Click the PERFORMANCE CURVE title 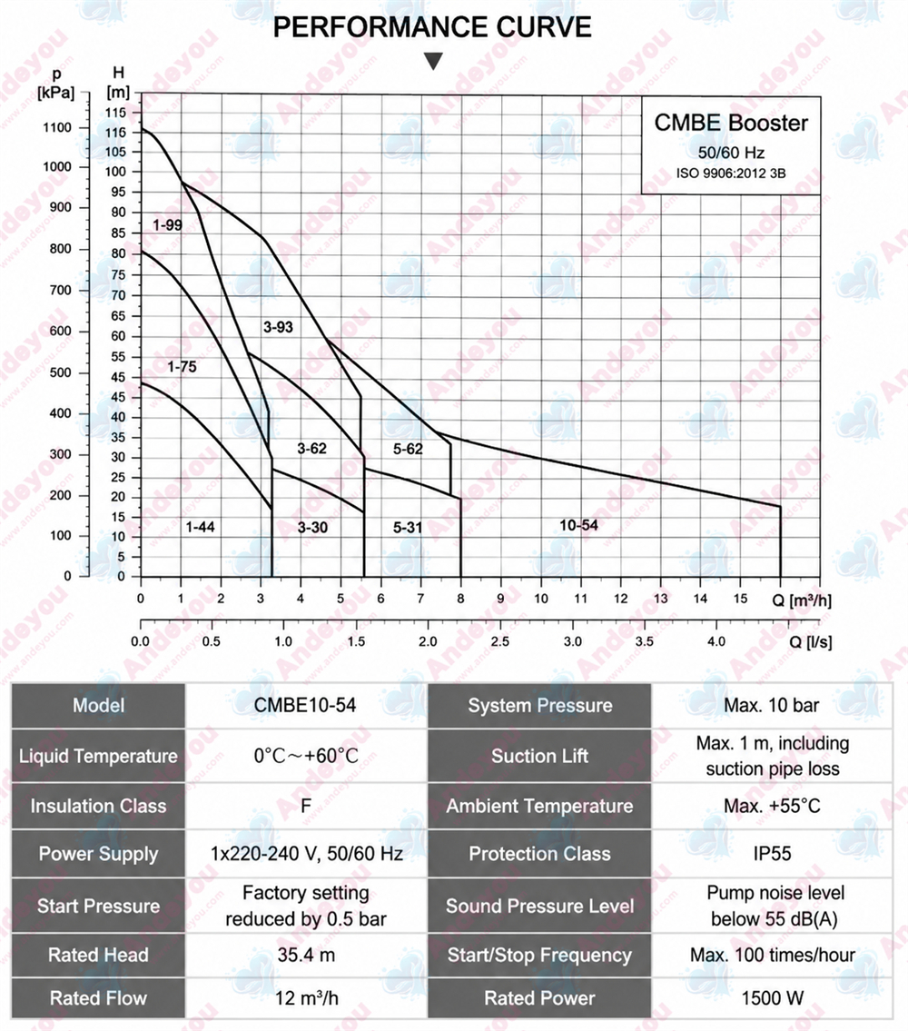coord(432,27)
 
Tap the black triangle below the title coord(433,61)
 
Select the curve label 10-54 coord(578,525)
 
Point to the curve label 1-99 coord(167,225)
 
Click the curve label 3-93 coord(278,327)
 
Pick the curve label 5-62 coord(408,449)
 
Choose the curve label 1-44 coord(200,527)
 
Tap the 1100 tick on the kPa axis coord(57,127)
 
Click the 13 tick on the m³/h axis coord(660,599)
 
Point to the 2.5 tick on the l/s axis coord(499,641)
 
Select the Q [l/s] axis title coord(810,641)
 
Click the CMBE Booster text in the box coord(731,123)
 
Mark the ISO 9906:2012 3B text coord(731,173)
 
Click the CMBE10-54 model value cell coord(305,706)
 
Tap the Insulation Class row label coord(99,806)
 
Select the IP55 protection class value coord(772,854)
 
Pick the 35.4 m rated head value coord(306,955)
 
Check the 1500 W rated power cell coord(772,998)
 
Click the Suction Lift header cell coord(539,756)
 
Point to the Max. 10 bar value coord(772,706)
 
